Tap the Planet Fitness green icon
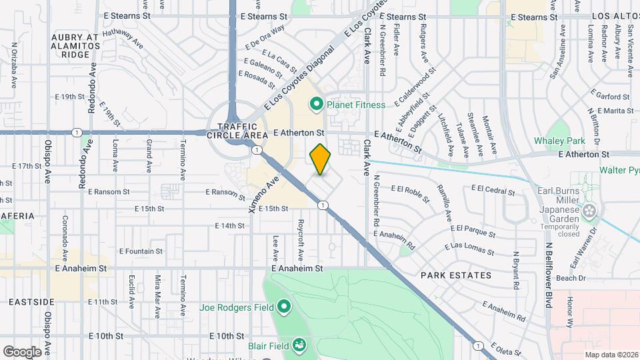point(316,104)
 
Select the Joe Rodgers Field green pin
point(284,307)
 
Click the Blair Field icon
point(301,345)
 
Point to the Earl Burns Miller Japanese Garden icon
point(589,211)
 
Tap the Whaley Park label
point(559,141)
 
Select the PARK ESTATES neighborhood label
point(456,275)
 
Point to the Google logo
point(22,351)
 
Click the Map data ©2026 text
point(611,355)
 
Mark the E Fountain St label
point(141,251)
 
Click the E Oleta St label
point(509,349)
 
